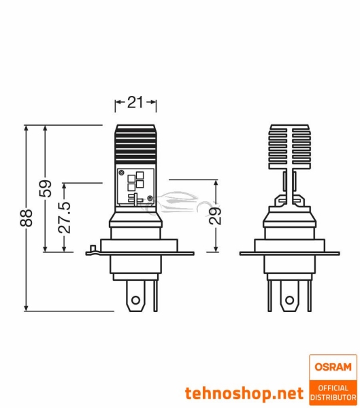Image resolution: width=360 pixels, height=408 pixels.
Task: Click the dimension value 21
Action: click(x=135, y=103)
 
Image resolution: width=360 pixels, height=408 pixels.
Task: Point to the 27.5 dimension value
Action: click(x=65, y=217)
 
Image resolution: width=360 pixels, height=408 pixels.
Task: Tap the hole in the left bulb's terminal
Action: click(x=136, y=299)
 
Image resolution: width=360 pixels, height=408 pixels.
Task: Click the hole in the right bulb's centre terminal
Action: click(x=290, y=300)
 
